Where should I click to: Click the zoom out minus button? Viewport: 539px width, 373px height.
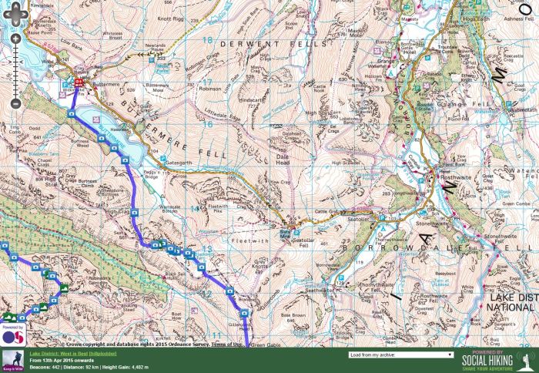click(x=15, y=103)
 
